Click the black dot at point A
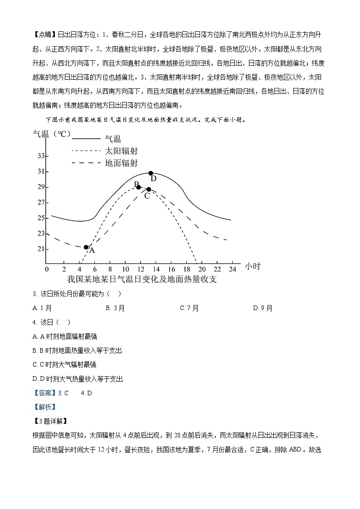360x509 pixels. tap(86, 247)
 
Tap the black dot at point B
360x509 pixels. tap(138, 187)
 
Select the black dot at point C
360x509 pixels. tap(149, 189)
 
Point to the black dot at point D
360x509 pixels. tap(151, 173)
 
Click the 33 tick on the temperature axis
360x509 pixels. tap(41, 156)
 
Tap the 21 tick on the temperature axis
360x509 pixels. tap(41, 249)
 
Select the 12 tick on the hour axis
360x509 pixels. tap(139, 269)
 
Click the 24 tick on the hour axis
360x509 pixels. tap(233, 269)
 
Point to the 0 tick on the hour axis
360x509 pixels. tap(47, 269)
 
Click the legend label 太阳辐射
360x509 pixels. tap(121, 151)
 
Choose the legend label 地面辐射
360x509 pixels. tap(121, 163)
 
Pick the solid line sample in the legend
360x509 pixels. tap(86, 138)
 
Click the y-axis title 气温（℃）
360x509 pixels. tap(51, 134)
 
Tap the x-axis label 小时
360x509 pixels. tap(253, 267)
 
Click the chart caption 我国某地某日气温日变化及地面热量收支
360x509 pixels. tap(142, 279)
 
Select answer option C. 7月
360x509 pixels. tap(189, 308)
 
